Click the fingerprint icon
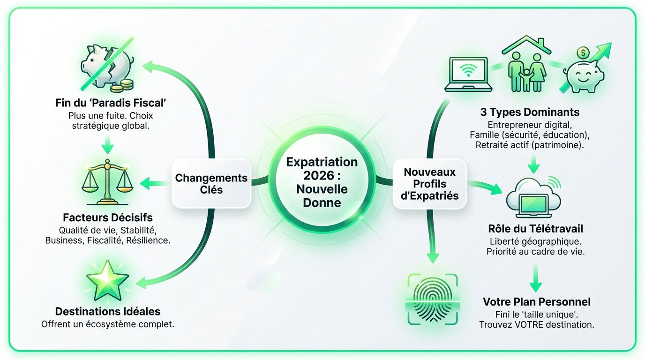[431, 299]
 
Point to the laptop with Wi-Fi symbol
[469, 74]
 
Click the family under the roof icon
[525, 65]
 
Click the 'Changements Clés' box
[211, 184]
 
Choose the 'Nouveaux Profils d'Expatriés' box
[430, 184]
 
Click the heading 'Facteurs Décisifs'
[107, 218]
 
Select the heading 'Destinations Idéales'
[107, 311]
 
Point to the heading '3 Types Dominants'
[530, 112]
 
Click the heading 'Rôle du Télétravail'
[535, 229]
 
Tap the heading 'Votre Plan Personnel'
[536, 301]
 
